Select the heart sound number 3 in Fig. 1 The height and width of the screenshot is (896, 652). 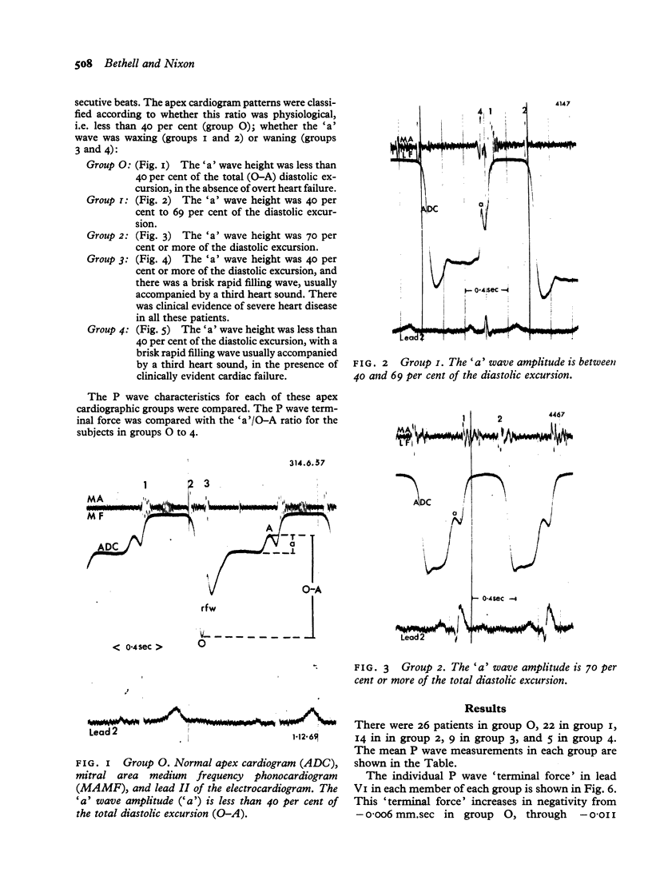tap(207, 484)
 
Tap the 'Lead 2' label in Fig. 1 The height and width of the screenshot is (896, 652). tap(101, 731)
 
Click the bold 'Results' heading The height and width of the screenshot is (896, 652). tap(484, 708)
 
